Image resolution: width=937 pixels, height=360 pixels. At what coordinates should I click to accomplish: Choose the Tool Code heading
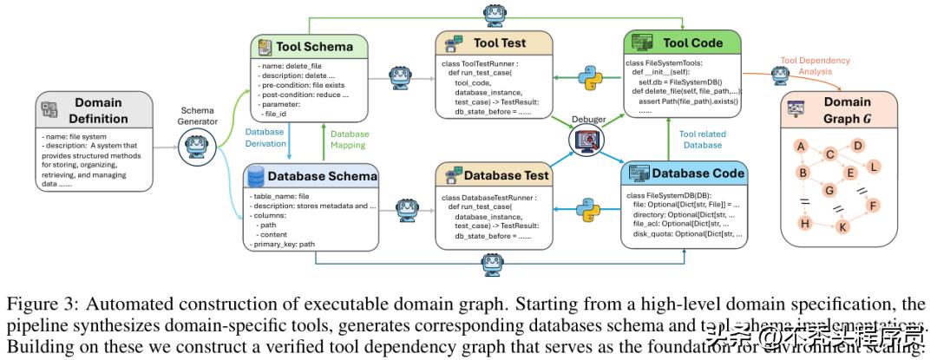pos(692,43)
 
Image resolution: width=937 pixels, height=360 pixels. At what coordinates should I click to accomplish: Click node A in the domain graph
pos(803,145)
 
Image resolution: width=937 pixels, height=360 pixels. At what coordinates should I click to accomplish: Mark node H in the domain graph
pos(803,224)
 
